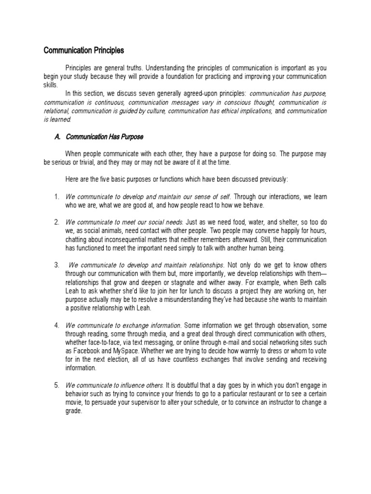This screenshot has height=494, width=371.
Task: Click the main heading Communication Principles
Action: (x=84, y=50)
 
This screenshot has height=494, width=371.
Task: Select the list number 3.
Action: (x=57, y=265)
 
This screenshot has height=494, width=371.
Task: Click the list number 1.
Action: (x=57, y=196)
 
